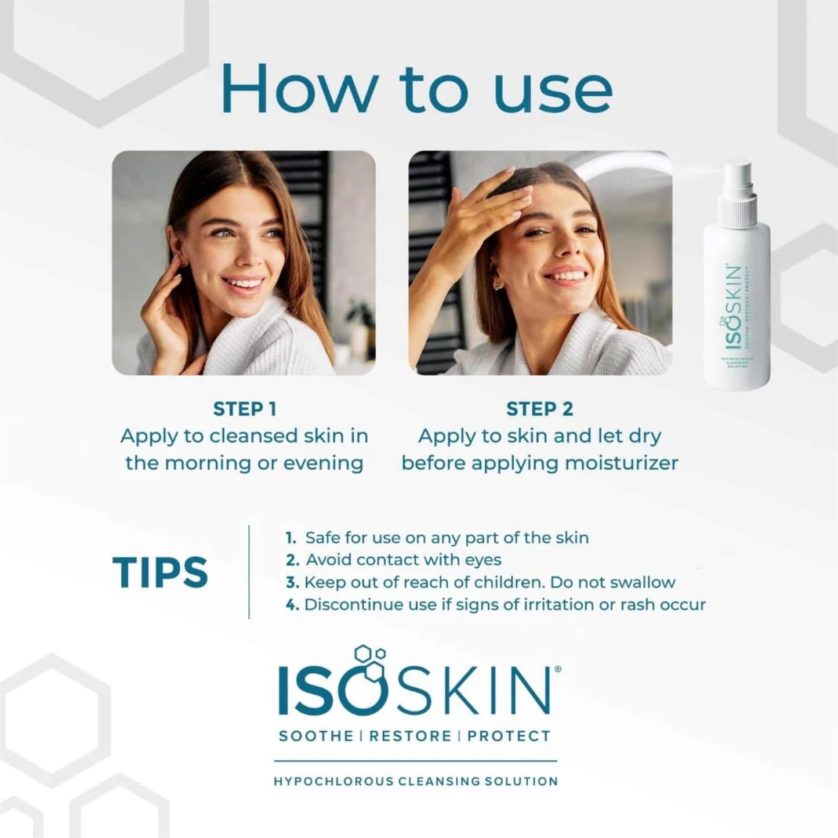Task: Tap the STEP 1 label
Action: [244, 409]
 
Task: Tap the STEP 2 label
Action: [539, 409]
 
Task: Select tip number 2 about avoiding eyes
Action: [394, 560]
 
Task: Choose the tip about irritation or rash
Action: [496, 605]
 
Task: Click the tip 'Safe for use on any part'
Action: [438, 538]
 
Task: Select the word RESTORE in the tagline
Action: [410, 737]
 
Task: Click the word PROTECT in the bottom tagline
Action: [509, 737]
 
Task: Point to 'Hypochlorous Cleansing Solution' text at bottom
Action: [415, 781]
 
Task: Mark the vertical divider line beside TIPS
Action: [249, 571]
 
